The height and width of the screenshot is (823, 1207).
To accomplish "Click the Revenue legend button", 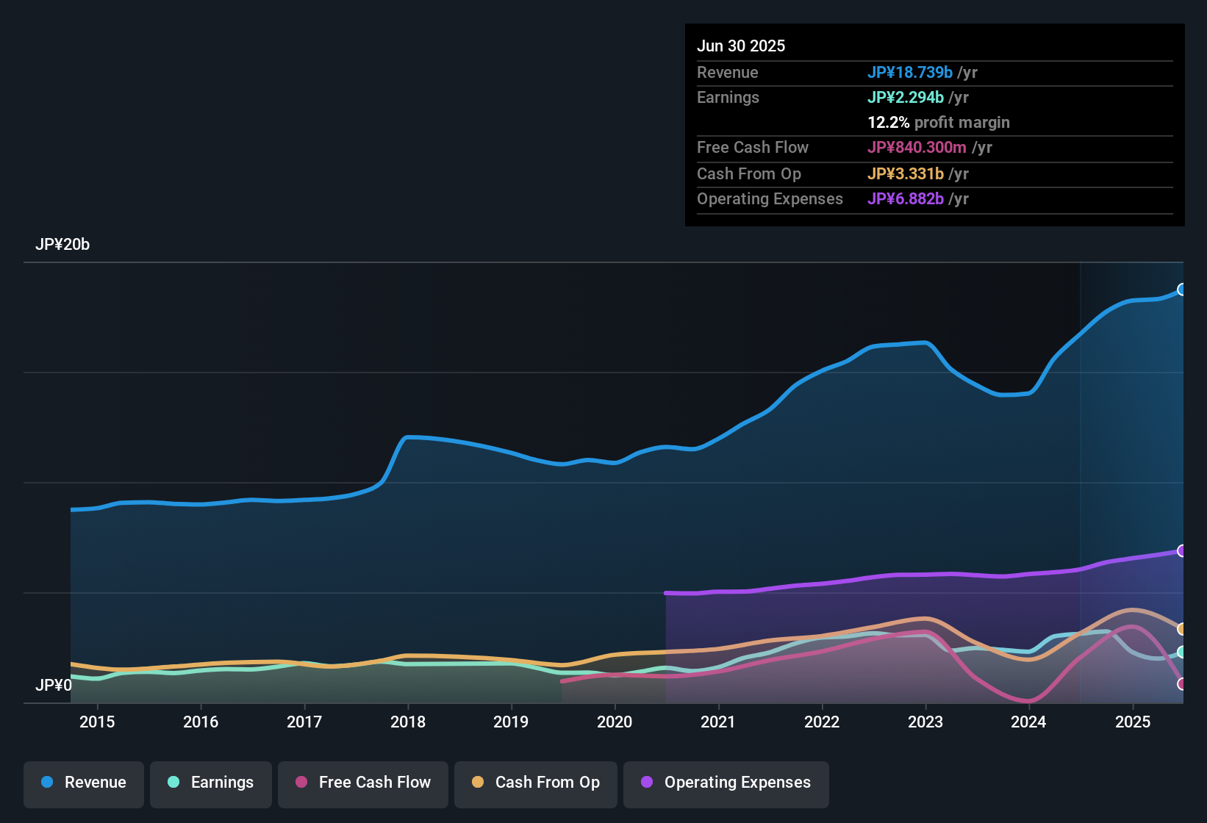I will pos(84,783).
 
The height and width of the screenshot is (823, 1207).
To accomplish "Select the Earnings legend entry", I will pos(211,783).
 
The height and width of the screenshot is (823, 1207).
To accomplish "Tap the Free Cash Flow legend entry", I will pos(363,783).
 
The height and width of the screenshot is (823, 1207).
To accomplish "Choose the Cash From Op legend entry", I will pos(536,783).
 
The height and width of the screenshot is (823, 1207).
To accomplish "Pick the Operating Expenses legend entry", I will pos(726,783).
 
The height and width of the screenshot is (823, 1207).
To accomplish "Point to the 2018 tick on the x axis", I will pos(408,722).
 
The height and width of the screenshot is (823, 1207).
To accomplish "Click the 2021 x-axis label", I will pos(718,722).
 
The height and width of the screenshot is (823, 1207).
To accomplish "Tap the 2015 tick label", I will pos(97,722).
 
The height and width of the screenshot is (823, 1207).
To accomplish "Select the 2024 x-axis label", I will pos(1028,722).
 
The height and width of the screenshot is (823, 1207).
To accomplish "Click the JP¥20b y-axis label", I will pos(62,245).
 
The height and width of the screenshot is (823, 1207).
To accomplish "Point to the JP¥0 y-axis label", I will pos(54,686).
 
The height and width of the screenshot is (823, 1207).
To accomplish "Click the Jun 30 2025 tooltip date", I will pos(741,46).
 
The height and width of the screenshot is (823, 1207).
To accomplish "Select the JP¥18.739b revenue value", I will pos(910,73).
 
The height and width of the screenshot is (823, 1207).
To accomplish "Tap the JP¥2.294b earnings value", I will pos(906,98).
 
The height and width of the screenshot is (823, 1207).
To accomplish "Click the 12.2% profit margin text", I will pos(939,123).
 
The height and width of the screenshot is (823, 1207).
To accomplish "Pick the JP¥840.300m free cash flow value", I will pos(917,148).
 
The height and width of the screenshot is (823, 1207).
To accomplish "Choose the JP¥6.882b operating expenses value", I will pos(906,199).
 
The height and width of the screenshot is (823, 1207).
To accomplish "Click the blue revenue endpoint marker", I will pos(1182,290).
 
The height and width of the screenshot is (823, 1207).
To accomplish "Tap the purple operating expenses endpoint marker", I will pos(1182,551).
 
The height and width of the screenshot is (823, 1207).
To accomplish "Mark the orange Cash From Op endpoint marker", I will pos(1182,629).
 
